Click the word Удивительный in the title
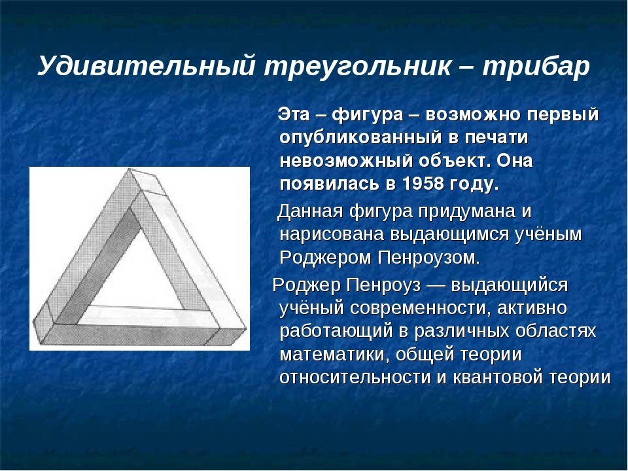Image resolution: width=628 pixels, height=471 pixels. [146, 65]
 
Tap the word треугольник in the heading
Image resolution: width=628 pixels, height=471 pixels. [357, 66]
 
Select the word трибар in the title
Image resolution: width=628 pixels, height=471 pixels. [536, 66]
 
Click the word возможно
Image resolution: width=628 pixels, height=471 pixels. [472, 114]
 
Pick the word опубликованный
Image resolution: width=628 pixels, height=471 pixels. [359, 138]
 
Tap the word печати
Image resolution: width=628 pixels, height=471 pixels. [497, 138]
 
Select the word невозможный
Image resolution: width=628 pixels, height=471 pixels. [345, 161]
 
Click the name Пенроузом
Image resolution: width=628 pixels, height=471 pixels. [428, 258]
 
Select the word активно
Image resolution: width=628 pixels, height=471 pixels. [531, 308]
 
